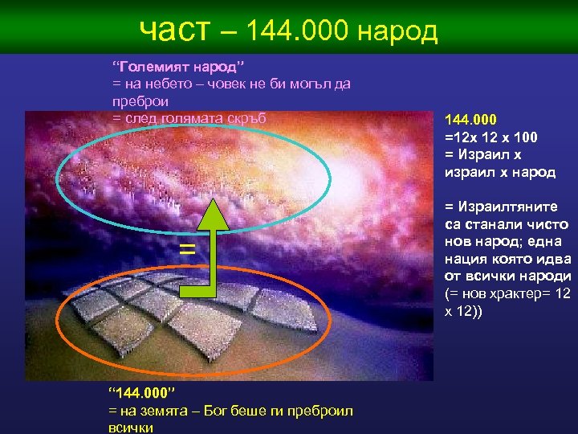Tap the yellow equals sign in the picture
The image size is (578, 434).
tap(186, 249)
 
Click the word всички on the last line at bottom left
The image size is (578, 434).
tap(131, 428)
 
